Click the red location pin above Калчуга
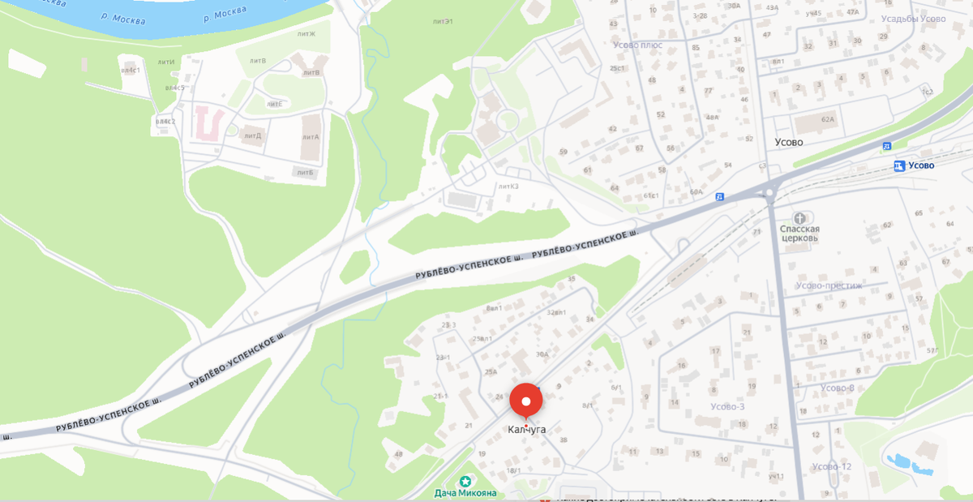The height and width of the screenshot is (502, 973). click(526, 401)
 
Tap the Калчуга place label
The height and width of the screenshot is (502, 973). click(526, 430)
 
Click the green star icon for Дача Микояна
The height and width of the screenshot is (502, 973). click(465, 481)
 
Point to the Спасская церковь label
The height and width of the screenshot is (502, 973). click(799, 234)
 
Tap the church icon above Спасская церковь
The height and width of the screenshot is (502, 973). click(799, 218)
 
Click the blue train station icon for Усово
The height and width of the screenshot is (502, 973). click(898, 165)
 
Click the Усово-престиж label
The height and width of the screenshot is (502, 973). click(829, 285)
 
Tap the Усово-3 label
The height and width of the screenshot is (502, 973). click(727, 406)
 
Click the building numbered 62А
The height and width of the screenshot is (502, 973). click(827, 120)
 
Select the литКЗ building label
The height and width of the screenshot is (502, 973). click(508, 187)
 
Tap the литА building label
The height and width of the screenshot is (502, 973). click(311, 136)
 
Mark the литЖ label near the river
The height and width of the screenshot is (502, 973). click(306, 34)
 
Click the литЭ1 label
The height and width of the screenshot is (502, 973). click(442, 20)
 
